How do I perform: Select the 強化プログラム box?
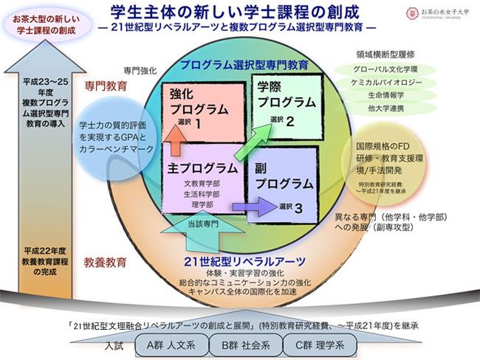(203, 110)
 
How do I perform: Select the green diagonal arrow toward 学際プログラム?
(250, 141)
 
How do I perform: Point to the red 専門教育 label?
(106, 86)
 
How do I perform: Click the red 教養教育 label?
(106, 261)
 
